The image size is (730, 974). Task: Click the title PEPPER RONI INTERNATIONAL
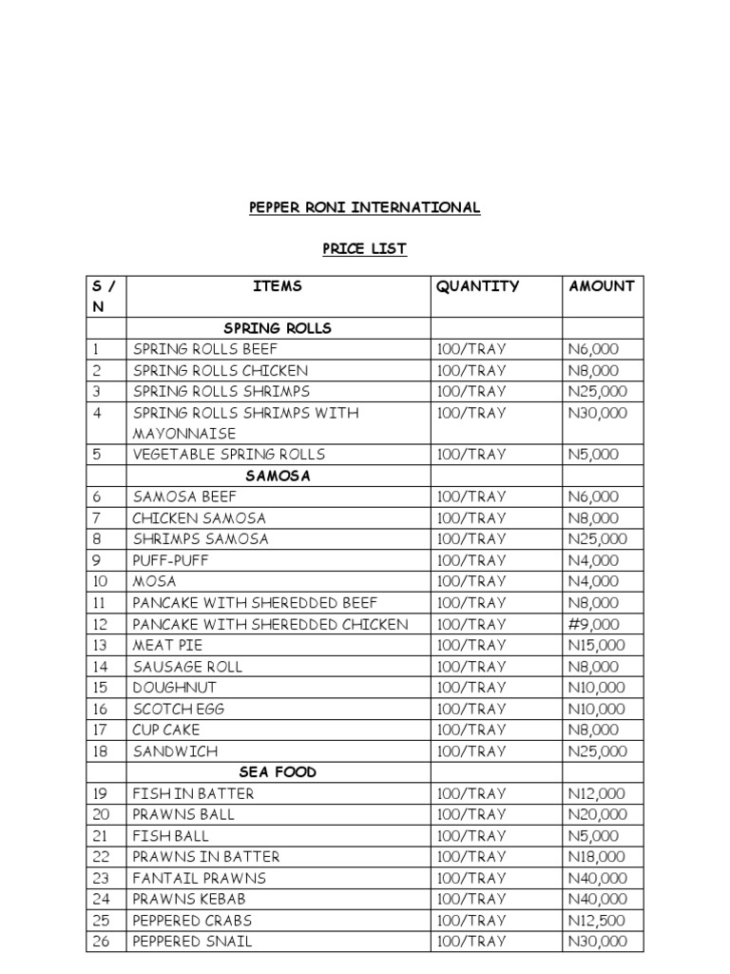point(364,207)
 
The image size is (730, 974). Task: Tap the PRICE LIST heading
point(364,249)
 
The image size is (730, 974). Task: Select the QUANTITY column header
point(477,286)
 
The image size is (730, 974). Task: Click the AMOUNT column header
point(601,286)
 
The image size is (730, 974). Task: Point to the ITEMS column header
point(278,286)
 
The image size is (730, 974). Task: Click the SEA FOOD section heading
point(278,772)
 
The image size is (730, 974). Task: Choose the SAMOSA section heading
point(278,476)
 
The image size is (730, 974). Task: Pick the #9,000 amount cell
point(593,624)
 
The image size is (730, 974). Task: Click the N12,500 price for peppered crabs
point(597,921)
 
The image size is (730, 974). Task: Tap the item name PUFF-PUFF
point(170,560)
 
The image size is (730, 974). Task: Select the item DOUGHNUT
point(175,688)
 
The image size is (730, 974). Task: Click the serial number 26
point(101,942)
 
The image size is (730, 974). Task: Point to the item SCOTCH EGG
point(179,709)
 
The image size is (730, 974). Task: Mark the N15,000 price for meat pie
point(597,645)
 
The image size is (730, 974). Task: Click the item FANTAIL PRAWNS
point(200,878)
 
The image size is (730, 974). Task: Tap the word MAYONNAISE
point(184,434)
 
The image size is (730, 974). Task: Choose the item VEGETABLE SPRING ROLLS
point(229,455)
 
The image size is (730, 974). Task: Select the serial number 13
point(101,645)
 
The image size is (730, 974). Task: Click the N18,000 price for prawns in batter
point(597,857)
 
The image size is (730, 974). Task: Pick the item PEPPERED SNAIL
point(192,942)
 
